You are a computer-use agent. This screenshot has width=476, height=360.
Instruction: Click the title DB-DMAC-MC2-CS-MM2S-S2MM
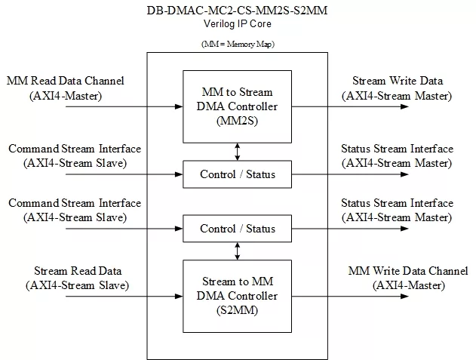pyautogui.click(x=237, y=11)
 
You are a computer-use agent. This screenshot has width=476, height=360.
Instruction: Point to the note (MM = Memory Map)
pyautogui.click(x=238, y=44)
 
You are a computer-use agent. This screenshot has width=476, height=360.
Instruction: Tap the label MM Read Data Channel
pyautogui.click(x=66, y=81)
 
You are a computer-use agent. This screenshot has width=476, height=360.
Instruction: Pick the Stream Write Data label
pyautogui.click(x=398, y=81)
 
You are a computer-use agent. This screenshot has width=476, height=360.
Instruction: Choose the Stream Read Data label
pyautogui.click(x=78, y=271)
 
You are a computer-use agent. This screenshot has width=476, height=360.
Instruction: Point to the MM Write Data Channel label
pyautogui.click(x=408, y=271)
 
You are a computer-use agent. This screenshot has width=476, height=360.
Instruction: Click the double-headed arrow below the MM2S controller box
pyautogui.click(x=238, y=152)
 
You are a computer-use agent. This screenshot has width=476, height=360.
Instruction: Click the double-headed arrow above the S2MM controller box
pyautogui.click(x=238, y=251)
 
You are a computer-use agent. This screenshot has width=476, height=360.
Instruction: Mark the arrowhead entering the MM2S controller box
pyautogui.click(x=179, y=106)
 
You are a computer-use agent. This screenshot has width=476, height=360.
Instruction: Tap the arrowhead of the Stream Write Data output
pyautogui.click(x=404, y=106)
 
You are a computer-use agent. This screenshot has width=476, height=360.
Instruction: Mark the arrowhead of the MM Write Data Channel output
pyautogui.click(x=404, y=296)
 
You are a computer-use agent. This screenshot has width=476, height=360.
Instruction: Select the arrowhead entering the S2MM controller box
pyautogui.click(x=179, y=296)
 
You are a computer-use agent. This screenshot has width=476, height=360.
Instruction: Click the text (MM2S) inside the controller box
pyautogui.click(x=237, y=121)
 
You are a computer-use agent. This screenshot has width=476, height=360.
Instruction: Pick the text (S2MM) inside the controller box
pyautogui.click(x=237, y=310)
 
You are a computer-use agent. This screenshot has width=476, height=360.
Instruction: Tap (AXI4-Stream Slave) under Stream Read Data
pyautogui.click(x=78, y=285)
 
